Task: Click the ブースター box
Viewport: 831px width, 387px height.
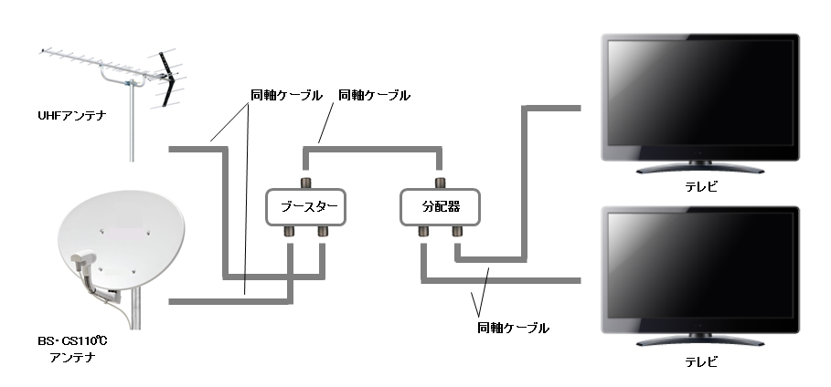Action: click(307, 207)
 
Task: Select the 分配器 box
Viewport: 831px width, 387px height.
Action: click(440, 207)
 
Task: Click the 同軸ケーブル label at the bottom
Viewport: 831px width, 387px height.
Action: click(513, 327)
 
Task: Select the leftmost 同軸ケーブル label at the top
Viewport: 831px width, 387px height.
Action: click(287, 95)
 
